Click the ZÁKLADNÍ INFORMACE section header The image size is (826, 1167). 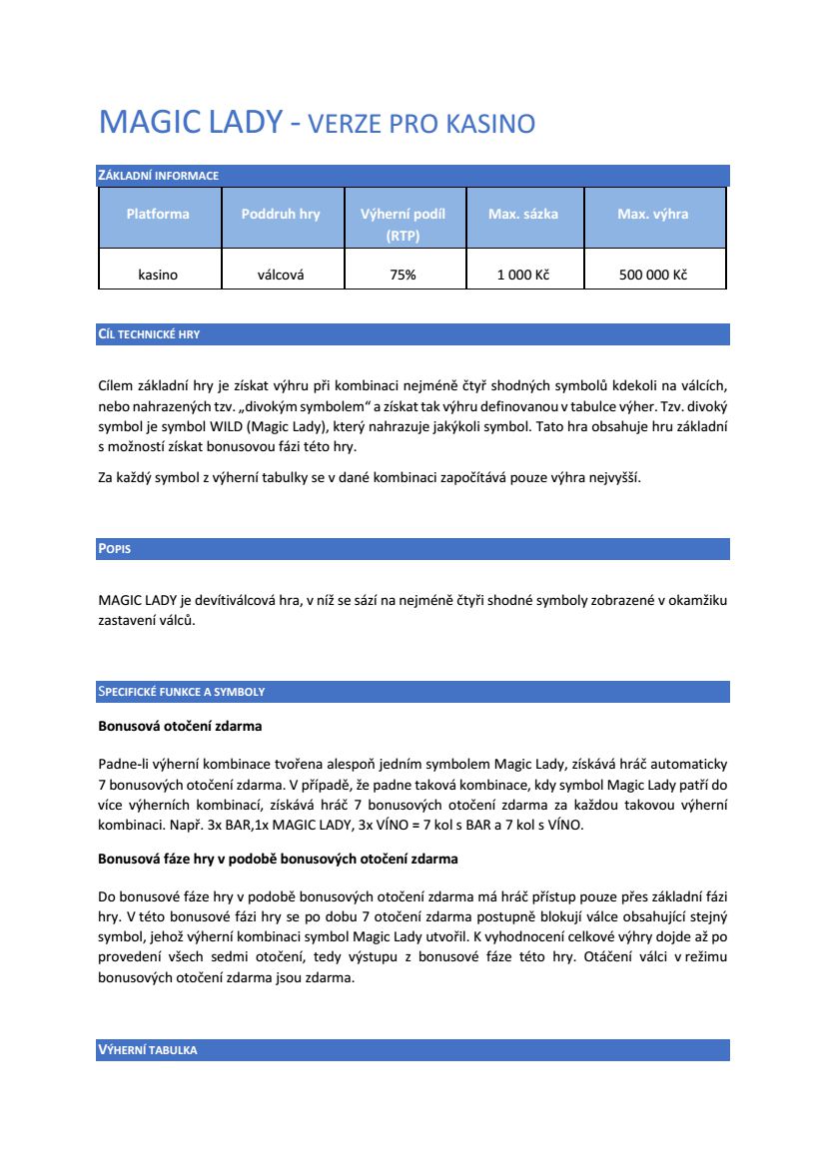pos(158,176)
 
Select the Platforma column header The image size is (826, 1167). pos(158,214)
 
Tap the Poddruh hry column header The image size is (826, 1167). pos(281,214)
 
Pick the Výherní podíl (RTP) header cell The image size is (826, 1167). pos(403,225)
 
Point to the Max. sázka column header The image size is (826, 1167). pos(523,214)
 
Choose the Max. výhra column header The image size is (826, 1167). pos(653,214)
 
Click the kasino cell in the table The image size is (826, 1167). pos(158,275)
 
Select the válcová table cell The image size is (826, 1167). pos(281,275)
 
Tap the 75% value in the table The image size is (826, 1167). pos(403,275)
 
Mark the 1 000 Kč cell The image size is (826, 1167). pos(523,275)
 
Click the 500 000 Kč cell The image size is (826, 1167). pos(653,275)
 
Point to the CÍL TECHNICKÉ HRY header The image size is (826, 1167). pos(148,334)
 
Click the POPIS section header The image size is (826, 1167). pos(114,549)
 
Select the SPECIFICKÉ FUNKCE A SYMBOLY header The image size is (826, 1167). pos(181,692)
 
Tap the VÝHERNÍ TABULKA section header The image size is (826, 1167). pos(147,1050)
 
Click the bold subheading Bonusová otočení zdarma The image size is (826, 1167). pos(180,725)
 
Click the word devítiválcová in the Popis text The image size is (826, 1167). pos(227,600)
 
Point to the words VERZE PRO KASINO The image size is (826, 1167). pos(421,125)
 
